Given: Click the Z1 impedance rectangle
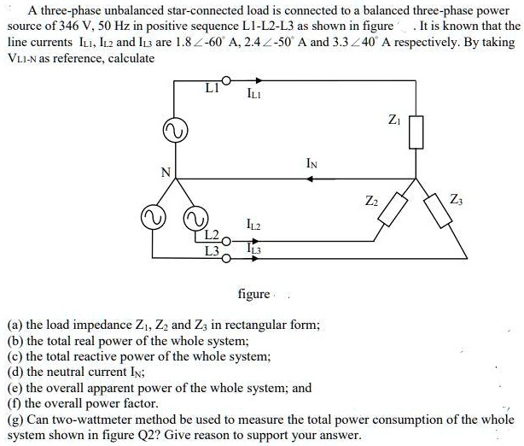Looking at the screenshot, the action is click(x=416, y=132).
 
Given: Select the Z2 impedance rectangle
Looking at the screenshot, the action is click(x=393, y=209).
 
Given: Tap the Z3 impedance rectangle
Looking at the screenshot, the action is click(x=438, y=210).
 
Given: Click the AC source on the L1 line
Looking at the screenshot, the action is click(x=175, y=131).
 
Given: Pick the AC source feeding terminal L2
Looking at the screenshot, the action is click(x=195, y=219).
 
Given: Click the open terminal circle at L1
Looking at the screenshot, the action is click(x=226, y=80).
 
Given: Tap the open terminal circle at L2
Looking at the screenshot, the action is click(x=226, y=241).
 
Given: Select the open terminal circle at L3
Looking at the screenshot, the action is click(x=226, y=258).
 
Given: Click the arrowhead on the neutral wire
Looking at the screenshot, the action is click(x=310, y=179).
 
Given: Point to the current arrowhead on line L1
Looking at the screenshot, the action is click(x=259, y=80).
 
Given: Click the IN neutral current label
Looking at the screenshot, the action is click(x=311, y=163).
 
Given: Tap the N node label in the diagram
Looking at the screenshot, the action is click(x=166, y=172).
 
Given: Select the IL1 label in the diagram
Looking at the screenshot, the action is click(x=254, y=94).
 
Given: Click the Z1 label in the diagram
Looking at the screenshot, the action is click(x=393, y=120).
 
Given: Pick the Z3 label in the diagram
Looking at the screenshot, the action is click(x=457, y=200).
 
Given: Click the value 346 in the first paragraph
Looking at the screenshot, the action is click(x=69, y=26).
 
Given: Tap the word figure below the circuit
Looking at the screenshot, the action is click(x=253, y=294).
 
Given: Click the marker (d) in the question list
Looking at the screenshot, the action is click(x=15, y=372).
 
